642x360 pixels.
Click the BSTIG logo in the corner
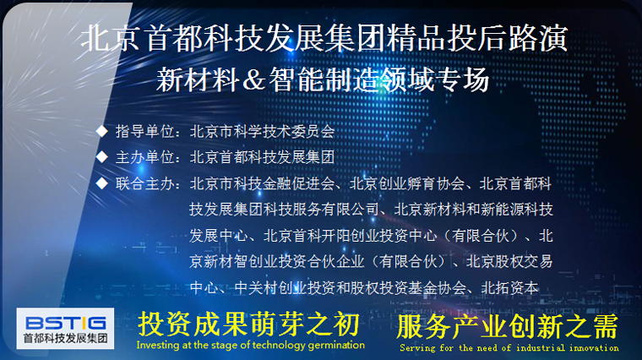65,329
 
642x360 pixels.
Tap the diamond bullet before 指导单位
101,131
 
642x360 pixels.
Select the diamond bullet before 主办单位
101,157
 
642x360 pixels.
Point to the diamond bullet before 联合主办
101,183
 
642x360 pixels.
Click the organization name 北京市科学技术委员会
262,132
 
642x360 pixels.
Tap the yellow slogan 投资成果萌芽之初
249,324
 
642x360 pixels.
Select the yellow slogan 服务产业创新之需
508,326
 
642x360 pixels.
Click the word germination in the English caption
336,346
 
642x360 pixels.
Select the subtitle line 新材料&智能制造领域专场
323,79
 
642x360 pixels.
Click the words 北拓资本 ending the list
509,288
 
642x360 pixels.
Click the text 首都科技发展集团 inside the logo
65,339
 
